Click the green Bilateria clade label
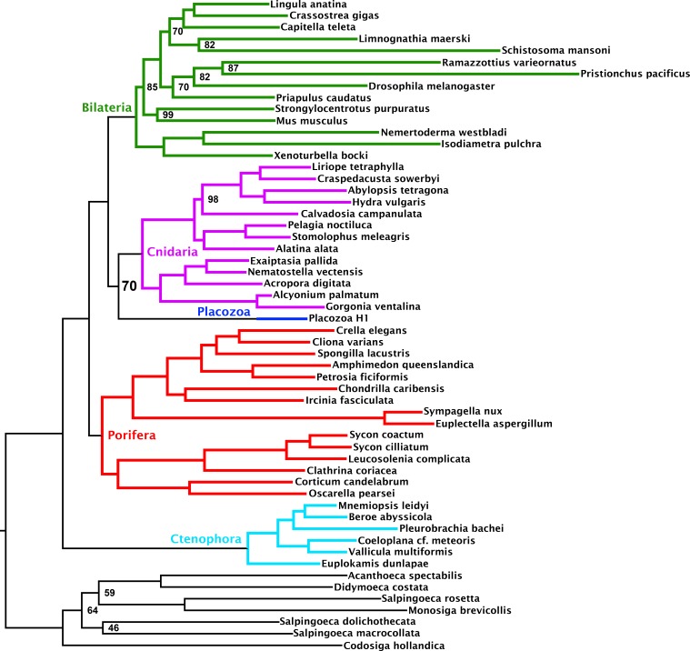click(x=107, y=107)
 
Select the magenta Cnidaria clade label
click(x=172, y=252)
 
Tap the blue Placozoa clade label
click(x=224, y=312)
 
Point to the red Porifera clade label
click(x=132, y=436)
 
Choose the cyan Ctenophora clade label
click(x=206, y=539)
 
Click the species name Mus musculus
click(x=312, y=121)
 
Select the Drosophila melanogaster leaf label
click(x=431, y=86)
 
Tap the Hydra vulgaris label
click(x=388, y=202)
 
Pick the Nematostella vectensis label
click(x=305, y=272)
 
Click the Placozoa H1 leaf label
click(x=338, y=318)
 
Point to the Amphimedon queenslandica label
click(x=403, y=365)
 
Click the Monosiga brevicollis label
click(x=459, y=610)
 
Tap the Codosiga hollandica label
click(x=394, y=646)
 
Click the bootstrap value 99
click(x=167, y=115)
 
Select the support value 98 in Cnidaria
click(x=213, y=199)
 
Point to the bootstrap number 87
click(x=234, y=68)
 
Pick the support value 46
click(x=114, y=628)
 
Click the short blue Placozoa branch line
click(x=282, y=318)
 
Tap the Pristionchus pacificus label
click(x=635, y=74)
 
